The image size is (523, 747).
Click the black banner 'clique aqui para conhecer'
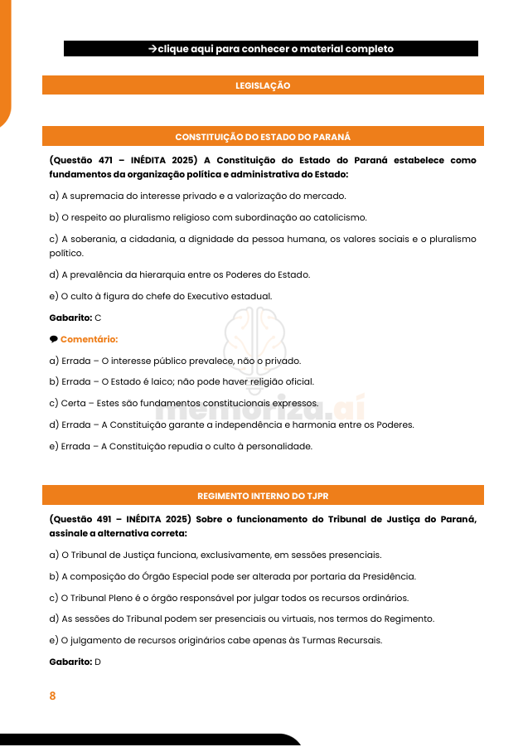[270, 49]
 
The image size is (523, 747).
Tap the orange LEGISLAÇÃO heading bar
[263, 85]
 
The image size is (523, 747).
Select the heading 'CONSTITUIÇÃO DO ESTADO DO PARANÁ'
[263, 137]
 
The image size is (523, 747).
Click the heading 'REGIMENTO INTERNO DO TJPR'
[263, 496]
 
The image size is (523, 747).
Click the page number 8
[52, 696]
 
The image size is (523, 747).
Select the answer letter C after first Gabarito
[98, 318]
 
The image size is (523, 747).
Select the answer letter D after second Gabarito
[98, 662]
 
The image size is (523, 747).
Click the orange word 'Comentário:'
[89, 339]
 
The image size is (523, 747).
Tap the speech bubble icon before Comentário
[53, 339]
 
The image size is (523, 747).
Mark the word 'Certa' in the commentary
[74, 404]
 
